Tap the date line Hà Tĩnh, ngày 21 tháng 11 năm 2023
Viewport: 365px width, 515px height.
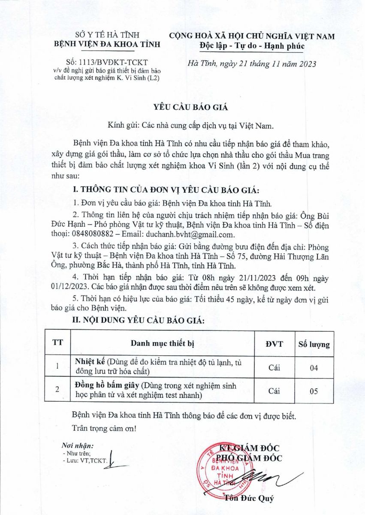click(x=252, y=64)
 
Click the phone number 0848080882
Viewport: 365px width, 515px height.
click(x=95, y=234)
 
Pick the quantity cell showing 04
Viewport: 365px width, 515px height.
click(x=314, y=368)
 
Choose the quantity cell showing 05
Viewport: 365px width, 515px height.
click(x=314, y=391)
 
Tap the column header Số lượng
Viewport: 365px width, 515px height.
click(x=314, y=344)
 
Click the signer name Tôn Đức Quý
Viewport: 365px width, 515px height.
click(x=248, y=498)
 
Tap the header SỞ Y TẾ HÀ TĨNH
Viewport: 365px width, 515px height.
click(x=106, y=35)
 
